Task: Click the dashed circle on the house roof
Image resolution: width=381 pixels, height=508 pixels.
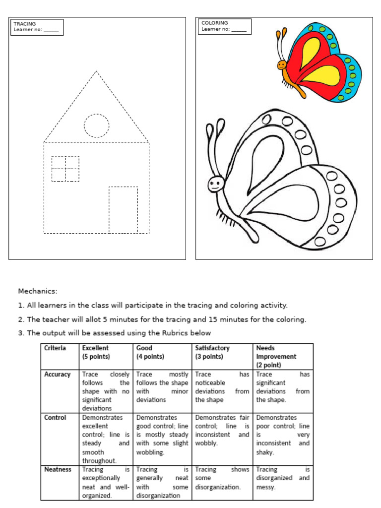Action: [x=96, y=125]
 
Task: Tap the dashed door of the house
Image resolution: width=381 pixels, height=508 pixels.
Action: [x=123, y=209]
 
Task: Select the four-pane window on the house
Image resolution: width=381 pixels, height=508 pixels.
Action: [x=65, y=169]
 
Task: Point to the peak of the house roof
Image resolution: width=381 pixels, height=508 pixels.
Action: [x=96, y=72]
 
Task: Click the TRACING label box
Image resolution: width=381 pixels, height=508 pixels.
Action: [x=36, y=27]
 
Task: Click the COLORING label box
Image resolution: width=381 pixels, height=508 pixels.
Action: [x=224, y=26]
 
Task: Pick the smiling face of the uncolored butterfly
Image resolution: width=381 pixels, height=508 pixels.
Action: [x=215, y=185]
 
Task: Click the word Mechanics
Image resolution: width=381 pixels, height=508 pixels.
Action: [x=38, y=291]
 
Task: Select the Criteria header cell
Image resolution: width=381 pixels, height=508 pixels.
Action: [x=55, y=348]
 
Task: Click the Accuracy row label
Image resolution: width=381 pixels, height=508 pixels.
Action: [x=58, y=375]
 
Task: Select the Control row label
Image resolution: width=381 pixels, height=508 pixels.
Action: [x=55, y=418]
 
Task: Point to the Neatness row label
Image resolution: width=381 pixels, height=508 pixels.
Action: [x=58, y=469]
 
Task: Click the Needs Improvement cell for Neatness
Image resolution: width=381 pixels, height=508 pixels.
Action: [x=282, y=478]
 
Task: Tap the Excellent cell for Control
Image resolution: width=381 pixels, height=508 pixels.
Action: [x=105, y=439]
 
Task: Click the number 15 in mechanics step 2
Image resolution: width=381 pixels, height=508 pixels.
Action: [x=214, y=319]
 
